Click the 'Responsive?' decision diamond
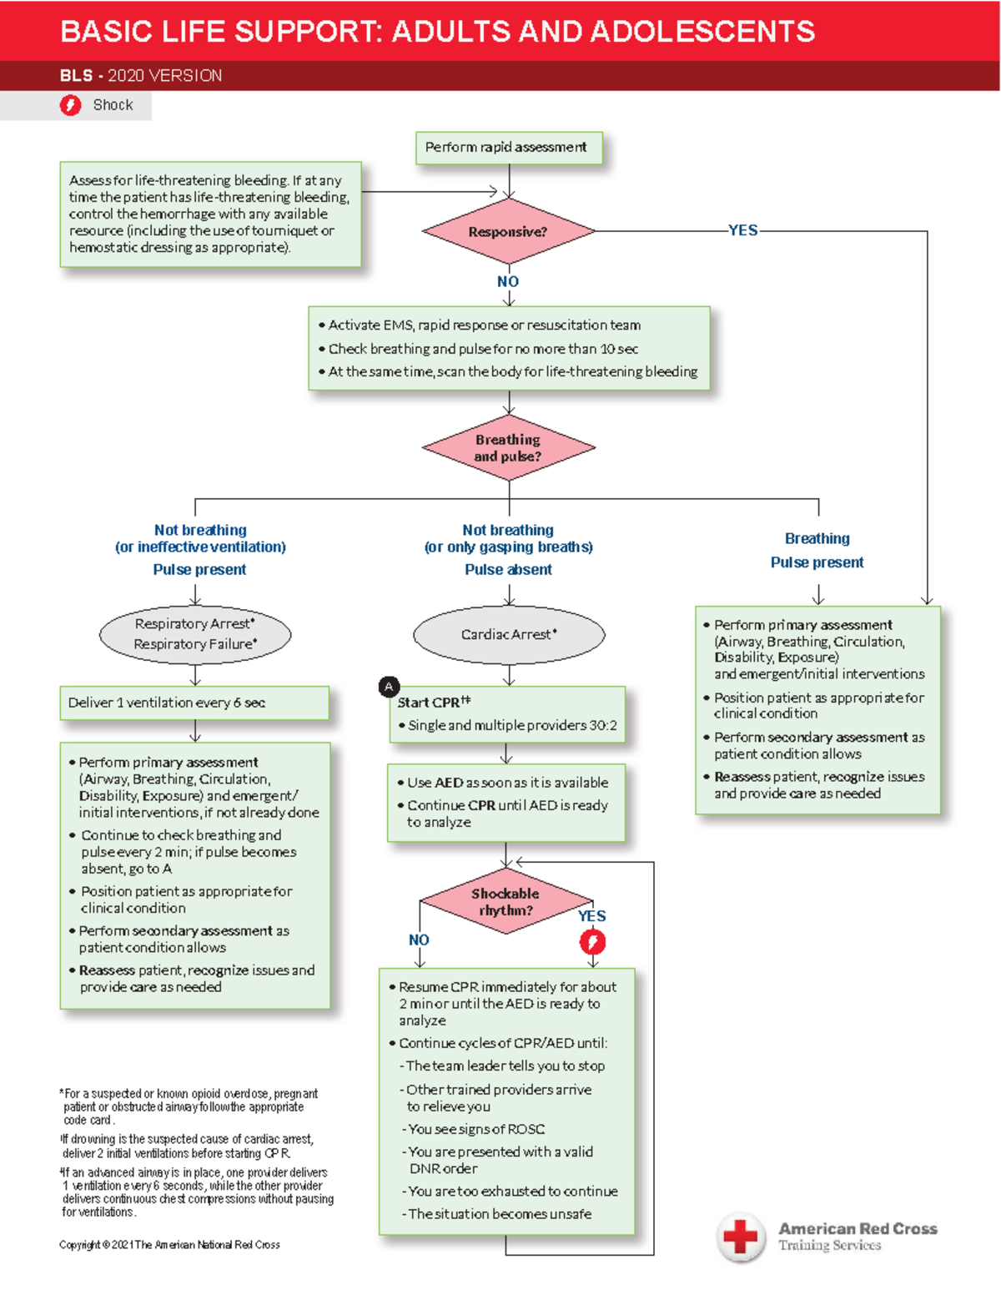pos(508,232)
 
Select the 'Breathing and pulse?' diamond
pos(508,448)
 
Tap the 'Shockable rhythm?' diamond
pos(506,902)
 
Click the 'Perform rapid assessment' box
pos(508,148)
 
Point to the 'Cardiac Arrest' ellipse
pos(509,635)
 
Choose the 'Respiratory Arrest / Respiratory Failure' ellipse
pos(195,634)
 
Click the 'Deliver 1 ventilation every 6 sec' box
pos(194,703)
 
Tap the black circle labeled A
pos(389,687)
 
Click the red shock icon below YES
pos(592,942)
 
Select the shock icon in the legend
pos(71,105)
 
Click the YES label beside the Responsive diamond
pos(742,230)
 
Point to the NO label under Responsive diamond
pos(508,282)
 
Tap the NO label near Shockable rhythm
pos(419,940)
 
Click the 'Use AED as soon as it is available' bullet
pos(507,783)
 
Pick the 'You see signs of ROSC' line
pos(476,1129)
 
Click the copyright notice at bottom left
pos(169,1245)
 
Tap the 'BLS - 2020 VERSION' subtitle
pos(141,76)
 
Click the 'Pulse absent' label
pos(508,570)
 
